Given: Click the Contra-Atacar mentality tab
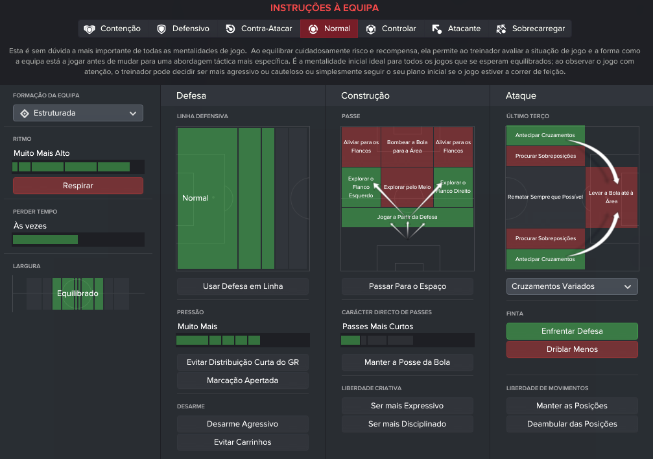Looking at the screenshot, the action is [x=259, y=29].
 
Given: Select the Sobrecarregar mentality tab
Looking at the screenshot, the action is [x=530, y=29].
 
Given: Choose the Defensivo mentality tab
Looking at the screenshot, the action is [x=184, y=29].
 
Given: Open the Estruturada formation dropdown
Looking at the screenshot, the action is [x=78, y=113].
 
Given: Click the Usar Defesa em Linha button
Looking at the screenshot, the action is [x=243, y=286].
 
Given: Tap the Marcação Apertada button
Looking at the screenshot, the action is [x=243, y=380].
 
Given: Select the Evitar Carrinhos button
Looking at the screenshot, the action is [x=243, y=442].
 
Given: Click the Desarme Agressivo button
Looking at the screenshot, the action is [x=243, y=423].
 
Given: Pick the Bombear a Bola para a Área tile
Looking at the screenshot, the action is [x=407, y=147].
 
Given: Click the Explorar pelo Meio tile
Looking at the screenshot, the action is [x=407, y=187].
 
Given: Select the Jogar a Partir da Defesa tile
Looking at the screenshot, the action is [x=407, y=217].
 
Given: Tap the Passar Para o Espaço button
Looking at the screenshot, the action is [x=407, y=286].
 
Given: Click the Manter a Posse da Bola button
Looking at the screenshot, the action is [x=407, y=362].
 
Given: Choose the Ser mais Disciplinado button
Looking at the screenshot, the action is [x=407, y=423].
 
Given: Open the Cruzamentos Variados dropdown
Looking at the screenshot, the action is [x=572, y=286].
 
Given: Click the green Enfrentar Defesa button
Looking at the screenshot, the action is [x=572, y=331].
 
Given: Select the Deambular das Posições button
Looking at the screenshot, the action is [x=572, y=423].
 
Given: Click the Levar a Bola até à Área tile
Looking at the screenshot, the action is [x=611, y=197].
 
